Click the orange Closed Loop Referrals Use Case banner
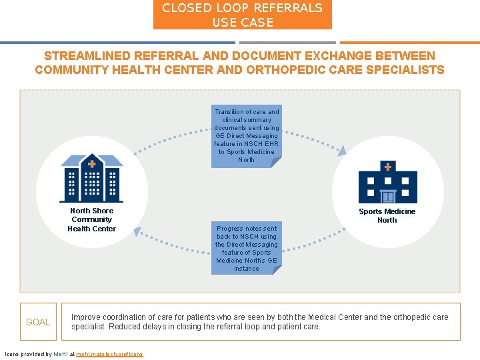pos(243,15)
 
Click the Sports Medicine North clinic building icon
pos(387,181)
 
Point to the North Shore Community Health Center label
pos(92,220)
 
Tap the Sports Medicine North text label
pos(387,216)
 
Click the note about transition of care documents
pos(247,135)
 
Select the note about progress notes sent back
pos(247,248)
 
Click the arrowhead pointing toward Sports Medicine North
pos(341,152)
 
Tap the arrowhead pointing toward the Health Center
pos(138,231)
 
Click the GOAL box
pos(38,322)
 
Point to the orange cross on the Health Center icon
pos(91,163)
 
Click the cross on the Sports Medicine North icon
pos(387,166)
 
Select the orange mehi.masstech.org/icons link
pos(109,354)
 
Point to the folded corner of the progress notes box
pos(277,270)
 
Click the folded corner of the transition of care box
pos(277,162)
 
